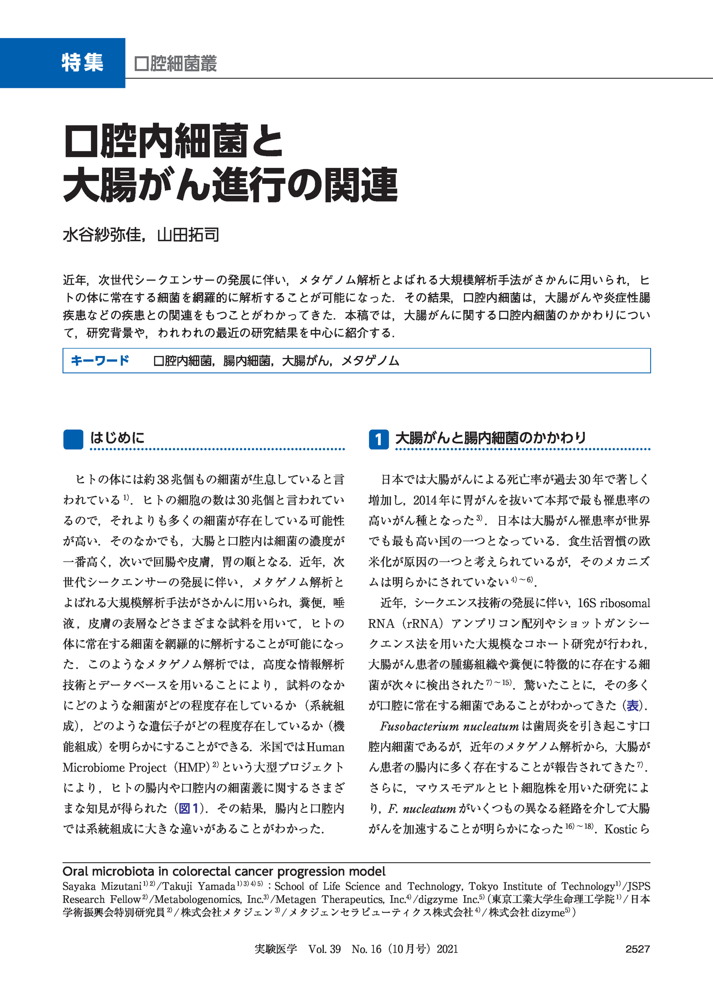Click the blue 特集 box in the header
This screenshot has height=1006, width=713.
click(63, 63)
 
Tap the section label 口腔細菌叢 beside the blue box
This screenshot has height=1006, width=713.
click(175, 63)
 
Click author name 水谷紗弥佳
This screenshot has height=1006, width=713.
click(102, 235)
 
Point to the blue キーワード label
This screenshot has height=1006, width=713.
click(100, 361)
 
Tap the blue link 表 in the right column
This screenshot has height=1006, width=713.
click(633, 705)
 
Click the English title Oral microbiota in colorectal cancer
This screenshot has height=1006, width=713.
click(224, 871)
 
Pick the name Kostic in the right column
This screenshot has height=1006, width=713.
click(620, 829)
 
